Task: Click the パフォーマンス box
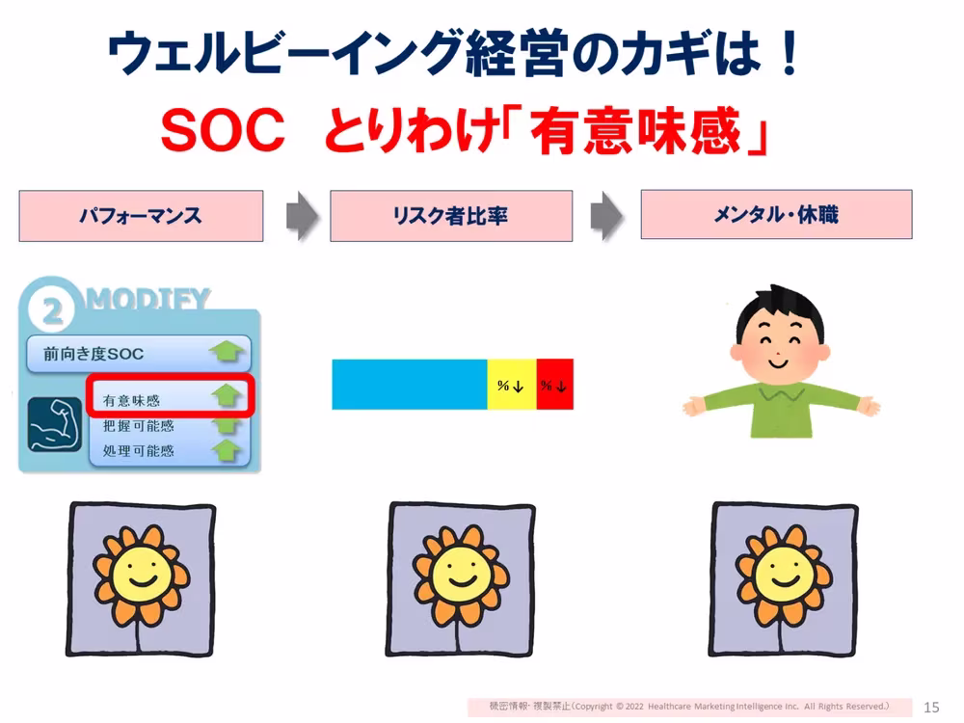[x=141, y=216]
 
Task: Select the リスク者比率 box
[x=451, y=216]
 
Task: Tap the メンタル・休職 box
[x=776, y=214]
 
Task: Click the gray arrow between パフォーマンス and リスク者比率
[x=302, y=216]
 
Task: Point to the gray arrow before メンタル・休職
[x=606, y=216]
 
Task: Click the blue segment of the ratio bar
[x=409, y=384]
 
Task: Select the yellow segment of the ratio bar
[x=511, y=384]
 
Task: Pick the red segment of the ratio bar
[x=554, y=384]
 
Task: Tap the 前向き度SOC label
[x=94, y=354]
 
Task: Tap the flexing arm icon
[x=52, y=423]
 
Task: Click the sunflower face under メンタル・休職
[x=782, y=576]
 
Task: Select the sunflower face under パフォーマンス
[x=140, y=576]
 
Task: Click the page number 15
[x=932, y=707]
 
